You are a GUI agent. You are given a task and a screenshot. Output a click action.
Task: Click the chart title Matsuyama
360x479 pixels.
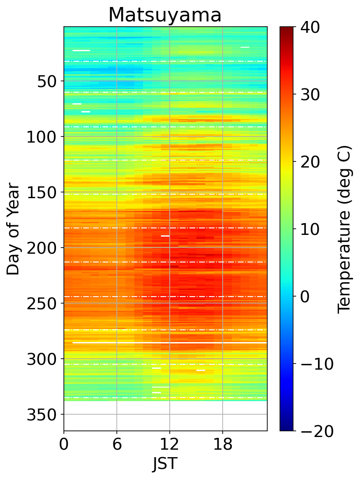tap(165, 15)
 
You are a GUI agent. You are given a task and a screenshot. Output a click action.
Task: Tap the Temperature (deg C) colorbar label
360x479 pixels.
tap(345, 229)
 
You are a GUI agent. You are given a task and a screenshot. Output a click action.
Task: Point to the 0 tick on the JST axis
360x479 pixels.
tap(64, 445)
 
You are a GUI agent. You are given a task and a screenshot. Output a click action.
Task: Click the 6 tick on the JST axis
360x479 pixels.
tap(117, 445)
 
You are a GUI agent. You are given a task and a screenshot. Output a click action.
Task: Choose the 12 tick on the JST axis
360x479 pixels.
tap(170, 445)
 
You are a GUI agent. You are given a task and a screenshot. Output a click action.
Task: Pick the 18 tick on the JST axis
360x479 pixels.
tap(223, 445)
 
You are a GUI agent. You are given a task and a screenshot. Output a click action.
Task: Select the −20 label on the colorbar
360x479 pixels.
tap(316, 431)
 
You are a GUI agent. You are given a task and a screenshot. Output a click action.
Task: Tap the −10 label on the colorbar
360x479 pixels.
tap(316, 364)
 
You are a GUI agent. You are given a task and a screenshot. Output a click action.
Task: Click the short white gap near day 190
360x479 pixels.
tap(165, 236)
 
